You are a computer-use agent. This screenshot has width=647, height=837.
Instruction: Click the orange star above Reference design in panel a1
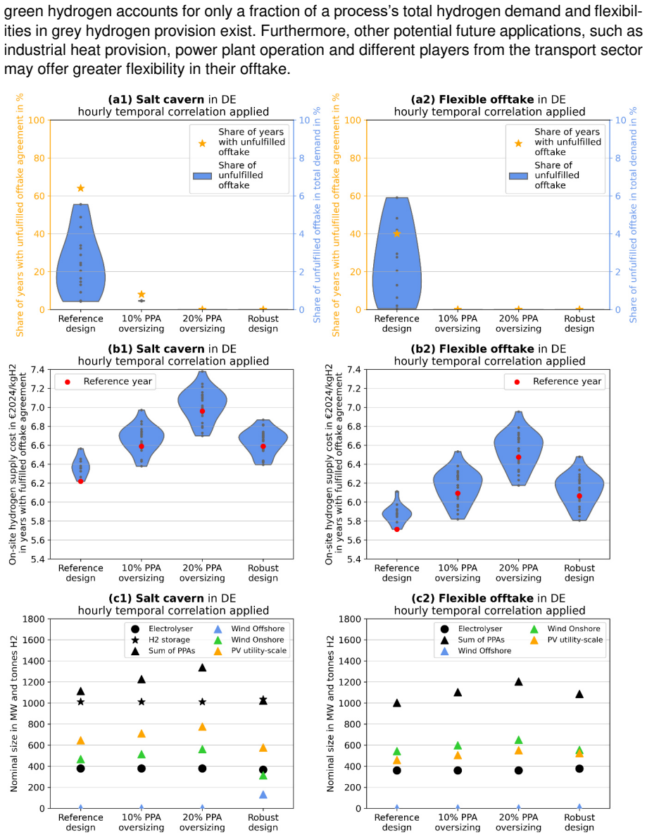pos(80,188)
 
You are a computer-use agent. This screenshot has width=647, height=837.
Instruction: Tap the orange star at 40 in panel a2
pos(397,233)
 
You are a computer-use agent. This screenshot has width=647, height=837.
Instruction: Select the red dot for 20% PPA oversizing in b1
pos(202,411)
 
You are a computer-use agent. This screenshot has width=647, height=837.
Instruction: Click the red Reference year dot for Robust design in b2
pos(579,496)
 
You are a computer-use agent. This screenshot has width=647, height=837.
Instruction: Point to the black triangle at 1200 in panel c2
pos(518,682)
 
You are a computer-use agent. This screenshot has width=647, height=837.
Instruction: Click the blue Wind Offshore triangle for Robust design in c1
pos(263,795)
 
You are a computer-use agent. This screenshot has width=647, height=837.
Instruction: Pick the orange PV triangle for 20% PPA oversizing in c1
pos(202,726)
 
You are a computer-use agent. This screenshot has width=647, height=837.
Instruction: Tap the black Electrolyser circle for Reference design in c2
pos(397,770)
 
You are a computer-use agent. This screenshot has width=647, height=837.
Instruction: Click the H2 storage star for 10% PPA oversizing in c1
pos(142,702)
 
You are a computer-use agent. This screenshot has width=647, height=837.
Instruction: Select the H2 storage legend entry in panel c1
pos(160,640)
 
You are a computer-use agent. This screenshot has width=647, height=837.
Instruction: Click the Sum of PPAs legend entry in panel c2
pos(475,640)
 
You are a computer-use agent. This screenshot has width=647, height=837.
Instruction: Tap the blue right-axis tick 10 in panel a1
pos(304,120)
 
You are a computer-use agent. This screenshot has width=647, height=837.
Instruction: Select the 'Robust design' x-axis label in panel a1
pos(263,323)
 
